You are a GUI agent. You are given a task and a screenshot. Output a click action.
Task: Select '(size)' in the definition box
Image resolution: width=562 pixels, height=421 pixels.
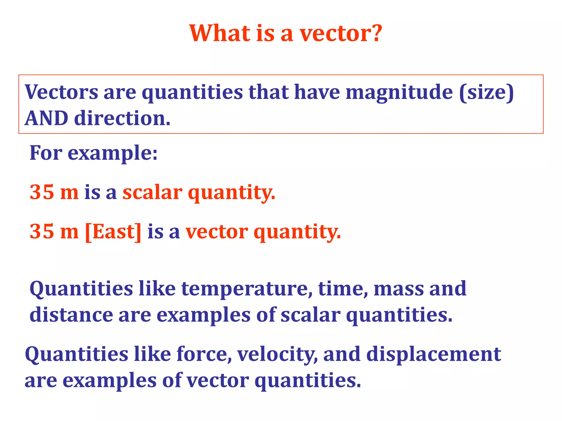click(x=487, y=93)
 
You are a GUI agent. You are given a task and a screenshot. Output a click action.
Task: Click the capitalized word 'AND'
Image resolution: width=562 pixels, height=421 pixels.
click(x=46, y=118)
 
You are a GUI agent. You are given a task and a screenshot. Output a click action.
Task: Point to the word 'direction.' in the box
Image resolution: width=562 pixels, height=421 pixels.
click(x=122, y=118)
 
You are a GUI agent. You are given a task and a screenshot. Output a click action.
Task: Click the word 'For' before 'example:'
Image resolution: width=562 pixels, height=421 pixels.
click(x=46, y=153)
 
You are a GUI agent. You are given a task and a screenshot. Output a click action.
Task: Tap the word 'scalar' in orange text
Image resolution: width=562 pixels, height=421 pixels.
click(x=152, y=192)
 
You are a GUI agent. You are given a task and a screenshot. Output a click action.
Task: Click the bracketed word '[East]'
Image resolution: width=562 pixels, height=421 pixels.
click(x=113, y=232)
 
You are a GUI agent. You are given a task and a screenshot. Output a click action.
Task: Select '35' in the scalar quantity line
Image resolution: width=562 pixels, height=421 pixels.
click(x=42, y=192)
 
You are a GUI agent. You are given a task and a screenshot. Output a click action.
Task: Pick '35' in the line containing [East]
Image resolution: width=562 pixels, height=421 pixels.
click(x=42, y=232)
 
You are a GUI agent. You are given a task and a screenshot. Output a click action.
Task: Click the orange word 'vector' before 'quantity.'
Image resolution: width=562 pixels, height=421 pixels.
click(x=217, y=232)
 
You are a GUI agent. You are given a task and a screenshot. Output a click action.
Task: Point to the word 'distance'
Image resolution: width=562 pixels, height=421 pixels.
click(x=71, y=315)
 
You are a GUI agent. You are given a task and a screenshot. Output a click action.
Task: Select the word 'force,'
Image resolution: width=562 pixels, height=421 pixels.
click(x=204, y=354)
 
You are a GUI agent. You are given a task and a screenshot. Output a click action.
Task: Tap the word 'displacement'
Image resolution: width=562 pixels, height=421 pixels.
click(x=434, y=354)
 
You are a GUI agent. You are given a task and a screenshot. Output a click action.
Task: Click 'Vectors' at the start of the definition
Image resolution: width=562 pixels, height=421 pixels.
click(x=61, y=92)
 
